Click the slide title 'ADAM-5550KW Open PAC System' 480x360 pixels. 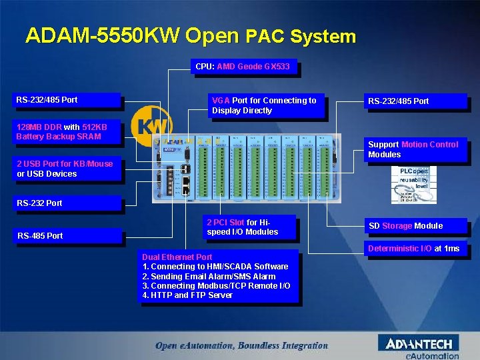click(x=191, y=35)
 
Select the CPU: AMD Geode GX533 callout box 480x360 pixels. click(x=243, y=67)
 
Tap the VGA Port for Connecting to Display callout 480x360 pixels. click(x=266, y=105)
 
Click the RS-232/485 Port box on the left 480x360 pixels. click(x=68, y=100)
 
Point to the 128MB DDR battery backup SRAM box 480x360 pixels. click(x=68, y=131)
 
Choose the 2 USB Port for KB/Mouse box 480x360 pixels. click(x=68, y=169)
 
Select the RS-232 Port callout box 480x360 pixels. click(x=68, y=203)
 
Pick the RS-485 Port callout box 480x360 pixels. click(x=68, y=235)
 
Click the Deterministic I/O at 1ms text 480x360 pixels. click(x=414, y=249)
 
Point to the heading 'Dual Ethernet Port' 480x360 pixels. click(x=177, y=257)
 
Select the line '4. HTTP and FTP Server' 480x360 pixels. click(x=187, y=295)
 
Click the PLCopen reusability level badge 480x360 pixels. click(x=413, y=185)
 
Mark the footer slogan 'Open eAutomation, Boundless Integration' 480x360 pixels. click(x=241, y=345)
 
